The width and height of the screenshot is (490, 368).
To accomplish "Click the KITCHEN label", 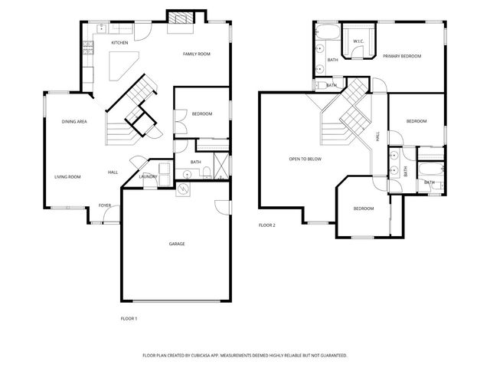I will [119, 43].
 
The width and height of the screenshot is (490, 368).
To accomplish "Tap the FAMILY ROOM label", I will [196, 54].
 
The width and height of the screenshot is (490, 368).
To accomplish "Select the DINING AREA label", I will [74, 121].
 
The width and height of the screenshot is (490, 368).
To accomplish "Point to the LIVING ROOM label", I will [67, 176].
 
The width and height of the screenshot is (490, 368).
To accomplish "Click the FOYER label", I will [105, 205].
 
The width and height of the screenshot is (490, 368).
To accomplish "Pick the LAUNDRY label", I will [149, 177].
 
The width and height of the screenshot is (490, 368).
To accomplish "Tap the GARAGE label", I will [177, 244].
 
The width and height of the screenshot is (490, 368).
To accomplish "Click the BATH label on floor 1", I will [195, 162].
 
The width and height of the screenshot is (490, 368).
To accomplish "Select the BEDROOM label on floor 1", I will [201, 114].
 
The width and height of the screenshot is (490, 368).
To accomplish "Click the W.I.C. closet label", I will [358, 41].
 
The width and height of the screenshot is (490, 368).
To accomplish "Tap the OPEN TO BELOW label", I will [305, 159].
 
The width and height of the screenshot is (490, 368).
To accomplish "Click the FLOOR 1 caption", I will [129, 317].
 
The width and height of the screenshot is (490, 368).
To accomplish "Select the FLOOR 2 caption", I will [266, 225].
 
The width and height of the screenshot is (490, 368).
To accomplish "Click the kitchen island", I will [122, 66].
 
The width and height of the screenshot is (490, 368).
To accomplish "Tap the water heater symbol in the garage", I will [184, 189].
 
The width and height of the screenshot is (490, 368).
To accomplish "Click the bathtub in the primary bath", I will [327, 33].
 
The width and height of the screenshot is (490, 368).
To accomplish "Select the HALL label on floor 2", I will [377, 136].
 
